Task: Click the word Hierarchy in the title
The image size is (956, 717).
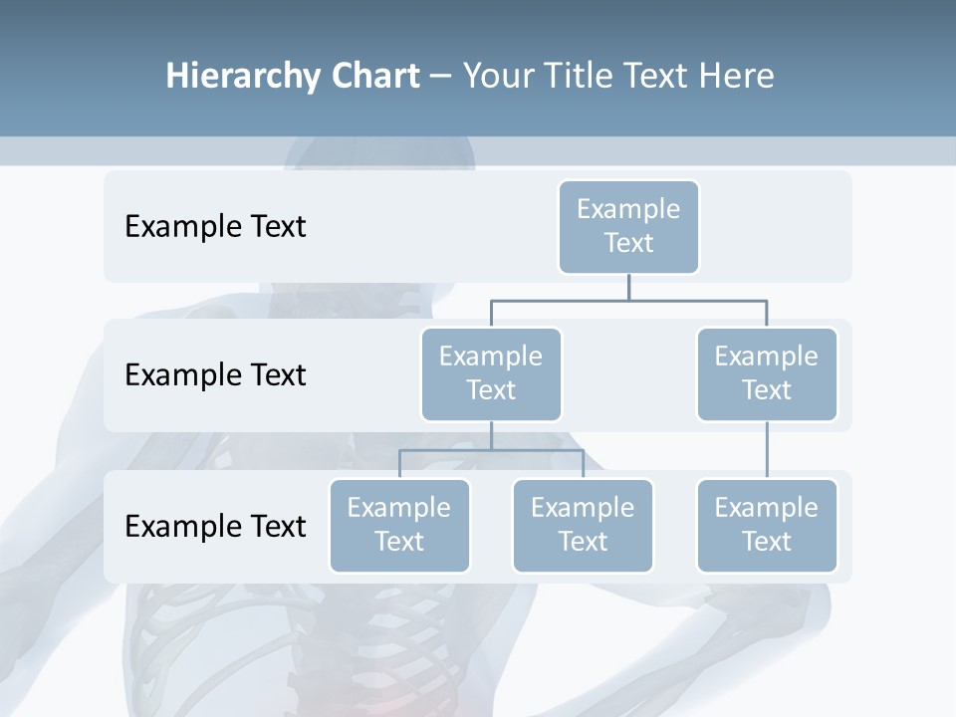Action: pos(239,77)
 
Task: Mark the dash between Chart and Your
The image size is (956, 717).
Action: pos(441,78)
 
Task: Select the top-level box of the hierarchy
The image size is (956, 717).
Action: pos(628,227)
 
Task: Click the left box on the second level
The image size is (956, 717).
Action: pos(491,374)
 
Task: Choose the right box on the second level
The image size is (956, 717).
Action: pos(767,374)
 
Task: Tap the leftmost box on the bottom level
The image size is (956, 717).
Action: pos(399,526)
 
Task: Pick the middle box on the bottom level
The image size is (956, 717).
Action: pos(583,526)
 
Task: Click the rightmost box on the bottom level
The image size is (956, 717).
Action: pos(767,526)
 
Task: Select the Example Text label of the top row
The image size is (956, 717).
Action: pos(215,227)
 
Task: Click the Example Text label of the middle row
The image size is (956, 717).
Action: pos(215,375)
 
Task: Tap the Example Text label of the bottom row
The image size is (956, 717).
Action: pos(215,526)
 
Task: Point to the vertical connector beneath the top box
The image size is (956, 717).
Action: pos(628,287)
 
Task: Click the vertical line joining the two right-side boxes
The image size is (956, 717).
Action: pos(767,450)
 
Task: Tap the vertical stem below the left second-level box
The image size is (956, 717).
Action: pos(491,435)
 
